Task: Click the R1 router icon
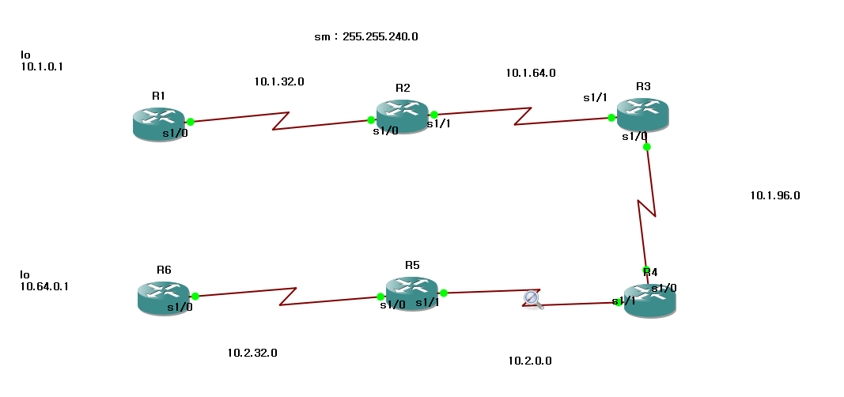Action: [159, 124]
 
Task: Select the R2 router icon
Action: [402, 116]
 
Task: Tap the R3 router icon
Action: [642, 114]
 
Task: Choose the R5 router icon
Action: [411, 293]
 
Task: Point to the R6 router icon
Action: [164, 297]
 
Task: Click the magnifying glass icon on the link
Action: [534, 299]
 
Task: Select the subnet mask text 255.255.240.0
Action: [380, 36]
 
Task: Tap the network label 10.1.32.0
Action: [279, 81]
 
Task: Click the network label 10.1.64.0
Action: [531, 73]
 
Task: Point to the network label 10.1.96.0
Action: [775, 195]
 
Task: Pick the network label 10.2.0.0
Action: [530, 361]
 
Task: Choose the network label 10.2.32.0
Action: [252, 354]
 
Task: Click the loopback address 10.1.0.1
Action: [42, 67]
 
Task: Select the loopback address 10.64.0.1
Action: [44, 286]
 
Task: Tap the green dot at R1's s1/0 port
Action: [191, 122]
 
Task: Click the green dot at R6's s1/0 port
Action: [195, 297]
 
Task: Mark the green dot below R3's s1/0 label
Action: [647, 147]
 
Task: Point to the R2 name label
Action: [403, 88]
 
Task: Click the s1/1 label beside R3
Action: [595, 98]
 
